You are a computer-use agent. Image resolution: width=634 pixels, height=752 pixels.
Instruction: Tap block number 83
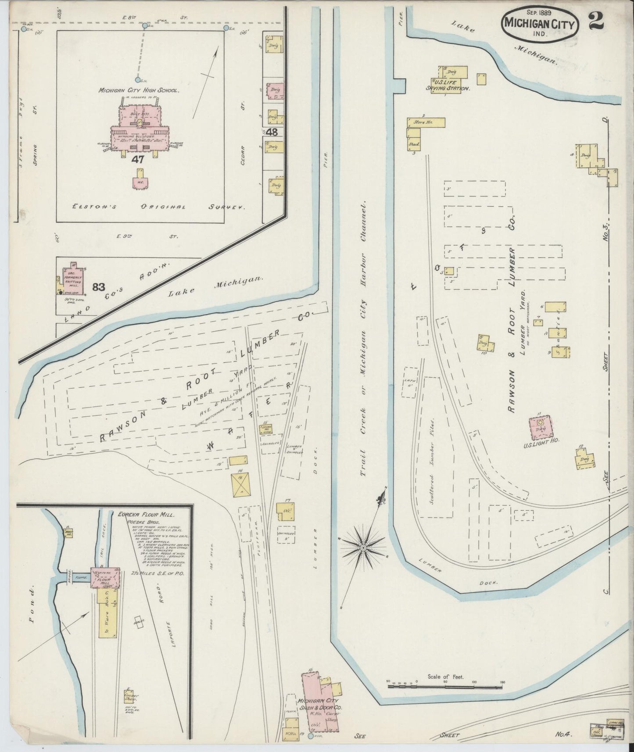coord(99,287)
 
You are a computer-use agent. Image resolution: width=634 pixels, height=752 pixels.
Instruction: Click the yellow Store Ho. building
coord(426,122)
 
